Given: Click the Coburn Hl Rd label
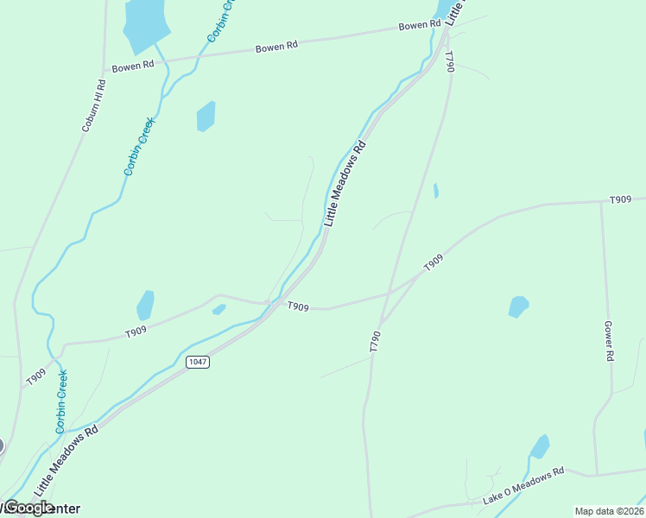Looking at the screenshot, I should coord(94,105).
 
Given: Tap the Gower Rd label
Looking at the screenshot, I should coord(609,342).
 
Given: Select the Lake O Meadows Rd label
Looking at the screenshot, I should coord(522,485).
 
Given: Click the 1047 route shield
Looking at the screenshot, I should coord(197,362).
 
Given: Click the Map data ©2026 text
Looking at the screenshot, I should coord(609,511).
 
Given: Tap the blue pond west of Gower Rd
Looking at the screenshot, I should coord(518,306).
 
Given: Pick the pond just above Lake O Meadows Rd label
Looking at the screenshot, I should coord(539,447).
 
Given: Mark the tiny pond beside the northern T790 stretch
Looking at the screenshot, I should coord(436,191).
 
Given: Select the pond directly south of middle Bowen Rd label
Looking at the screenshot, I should coord(206,116).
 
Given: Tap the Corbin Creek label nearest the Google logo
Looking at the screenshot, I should coord(61,401).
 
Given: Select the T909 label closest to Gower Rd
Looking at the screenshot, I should coord(620,199).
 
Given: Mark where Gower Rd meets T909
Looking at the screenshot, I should coord(601,202).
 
